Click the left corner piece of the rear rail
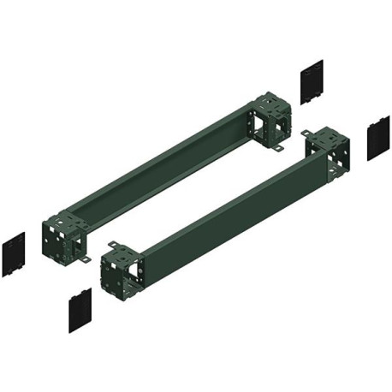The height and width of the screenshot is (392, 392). pos(62,235)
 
